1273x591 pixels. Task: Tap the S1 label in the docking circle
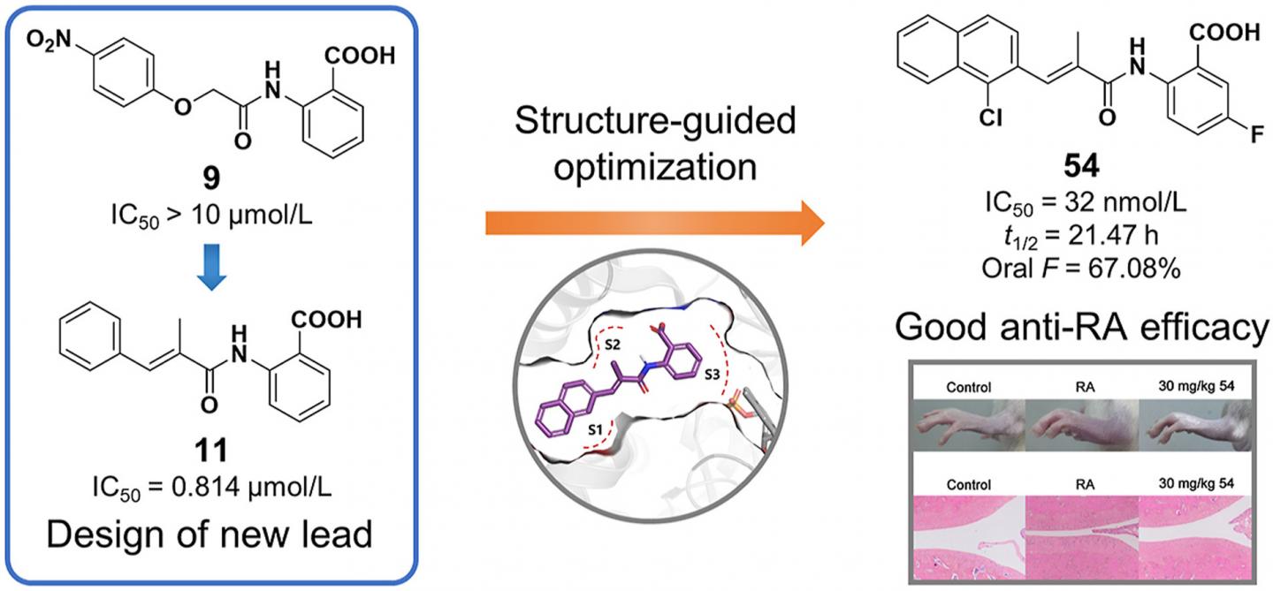coord(598,428)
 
